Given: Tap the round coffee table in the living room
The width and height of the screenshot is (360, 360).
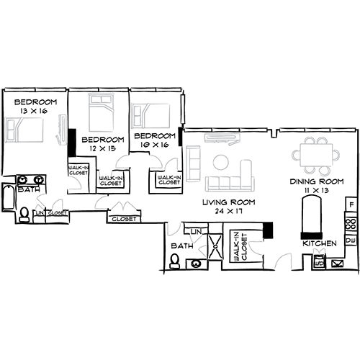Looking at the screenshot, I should tap(220, 160).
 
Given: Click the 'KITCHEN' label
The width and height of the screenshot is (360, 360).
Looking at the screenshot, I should tap(320, 244).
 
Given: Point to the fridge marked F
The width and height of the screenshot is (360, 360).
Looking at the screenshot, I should tap(351, 206).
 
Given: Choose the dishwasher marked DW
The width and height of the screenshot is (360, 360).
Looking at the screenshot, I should tap(351, 240).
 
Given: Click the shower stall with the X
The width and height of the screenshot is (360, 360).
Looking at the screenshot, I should tap(214, 246).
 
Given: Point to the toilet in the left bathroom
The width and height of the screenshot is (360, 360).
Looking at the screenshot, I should tap(24, 215).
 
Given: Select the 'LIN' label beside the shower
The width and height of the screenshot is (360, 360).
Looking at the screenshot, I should tap(195, 231).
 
